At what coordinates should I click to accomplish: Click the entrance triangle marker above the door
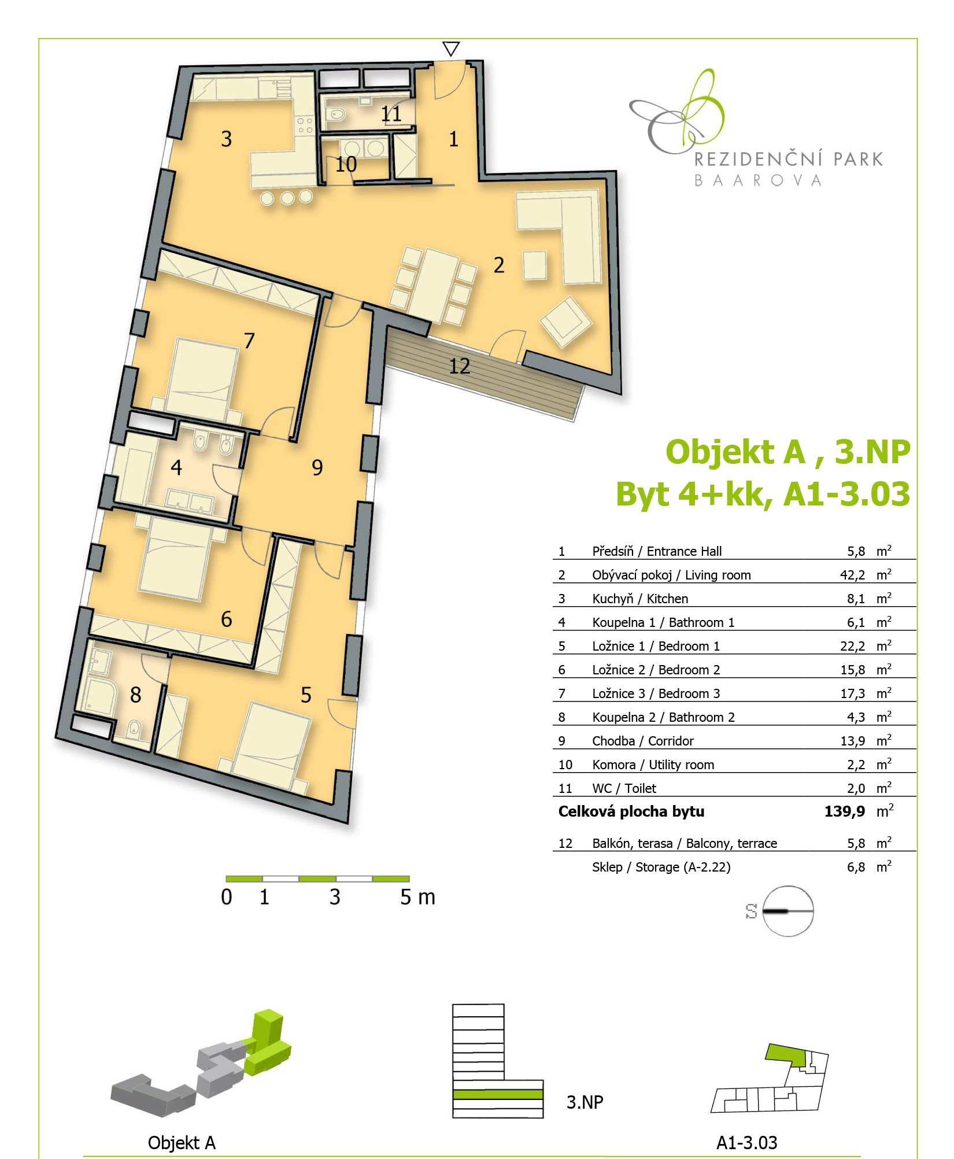[451, 49]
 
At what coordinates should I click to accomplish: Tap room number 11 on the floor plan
[391, 113]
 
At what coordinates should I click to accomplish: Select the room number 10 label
[346, 164]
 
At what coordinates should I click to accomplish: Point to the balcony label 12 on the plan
[460, 366]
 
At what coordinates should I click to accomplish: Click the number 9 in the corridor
[317, 467]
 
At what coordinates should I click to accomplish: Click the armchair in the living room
[566, 322]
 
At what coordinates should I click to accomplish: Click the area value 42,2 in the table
[852, 575]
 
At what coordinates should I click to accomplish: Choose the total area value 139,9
[845, 811]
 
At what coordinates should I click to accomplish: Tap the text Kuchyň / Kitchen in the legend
[640, 599]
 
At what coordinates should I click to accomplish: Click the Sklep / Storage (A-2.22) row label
[661, 867]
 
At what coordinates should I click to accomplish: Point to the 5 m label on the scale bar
[417, 897]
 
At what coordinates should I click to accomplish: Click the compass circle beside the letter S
[788, 911]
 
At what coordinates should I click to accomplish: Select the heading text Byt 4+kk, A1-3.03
[763, 494]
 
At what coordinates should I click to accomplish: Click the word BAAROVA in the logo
[757, 180]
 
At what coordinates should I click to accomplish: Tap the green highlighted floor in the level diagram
[498, 1094]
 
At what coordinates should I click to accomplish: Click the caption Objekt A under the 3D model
[182, 1143]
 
